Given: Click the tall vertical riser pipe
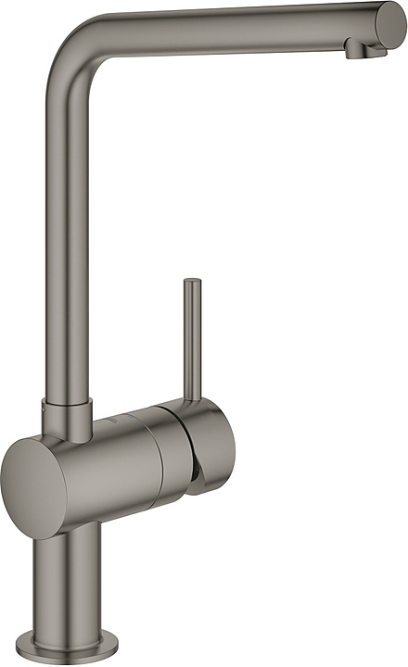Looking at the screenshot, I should pyautogui.click(x=66, y=232).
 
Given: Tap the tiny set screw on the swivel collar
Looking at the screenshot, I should pyautogui.click(x=44, y=409).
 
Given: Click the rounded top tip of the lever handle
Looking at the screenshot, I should pyautogui.click(x=192, y=282).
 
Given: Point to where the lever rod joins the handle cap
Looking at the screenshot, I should pyautogui.click(x=193, y=400).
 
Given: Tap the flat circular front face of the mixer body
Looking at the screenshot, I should pyautogui.click(x=35, y=488).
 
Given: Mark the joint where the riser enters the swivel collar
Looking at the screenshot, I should pyautogui.click(x=67, y=402).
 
